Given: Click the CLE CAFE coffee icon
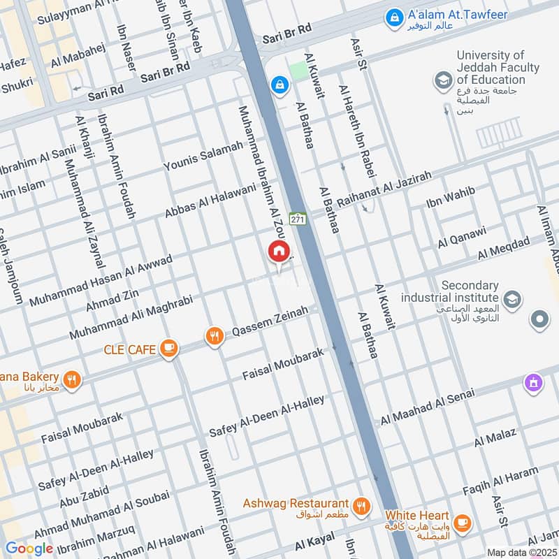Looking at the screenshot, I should pos(168,348).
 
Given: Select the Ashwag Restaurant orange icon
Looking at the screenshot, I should pos(361,506).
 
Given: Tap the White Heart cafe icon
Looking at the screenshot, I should pos(461,522).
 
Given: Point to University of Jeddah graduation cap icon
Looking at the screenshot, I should pos(443,81).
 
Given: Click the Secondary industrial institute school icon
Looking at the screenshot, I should pos(511,298).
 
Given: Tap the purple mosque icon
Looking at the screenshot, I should pos(533,383).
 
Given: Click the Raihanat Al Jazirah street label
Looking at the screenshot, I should pos(384,189).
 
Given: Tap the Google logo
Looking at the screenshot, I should pos(29,548).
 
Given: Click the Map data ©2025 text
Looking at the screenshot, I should pos(521,552).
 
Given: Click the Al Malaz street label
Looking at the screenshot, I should pos(495,437).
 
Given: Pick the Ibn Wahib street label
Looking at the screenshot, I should pos(451,198).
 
